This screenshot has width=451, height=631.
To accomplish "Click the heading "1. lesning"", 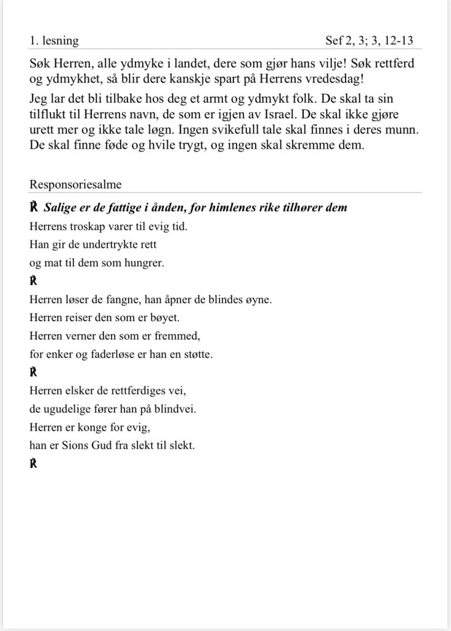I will click(54, 41).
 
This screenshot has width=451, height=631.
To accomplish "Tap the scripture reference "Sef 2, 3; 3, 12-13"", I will click(369, 41).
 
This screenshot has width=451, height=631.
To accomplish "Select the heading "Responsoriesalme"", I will click(75, 184).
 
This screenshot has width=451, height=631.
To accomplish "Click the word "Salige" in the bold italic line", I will click(60, 208).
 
